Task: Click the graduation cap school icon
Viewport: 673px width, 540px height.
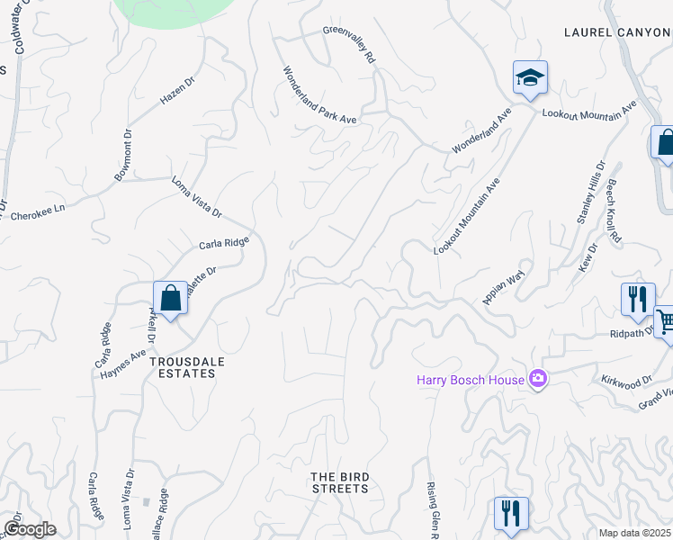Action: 530,78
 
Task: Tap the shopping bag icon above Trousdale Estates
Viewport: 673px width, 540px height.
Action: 170,297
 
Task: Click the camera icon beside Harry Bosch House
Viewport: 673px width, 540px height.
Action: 538,379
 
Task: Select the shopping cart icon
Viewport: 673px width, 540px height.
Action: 666,320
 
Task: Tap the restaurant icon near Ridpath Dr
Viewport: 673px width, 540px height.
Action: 638,299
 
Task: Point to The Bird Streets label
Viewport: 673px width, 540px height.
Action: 339,482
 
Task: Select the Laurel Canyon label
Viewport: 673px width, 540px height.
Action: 617,32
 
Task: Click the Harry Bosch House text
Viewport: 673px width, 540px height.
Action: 470,380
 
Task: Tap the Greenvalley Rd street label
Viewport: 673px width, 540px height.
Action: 349,44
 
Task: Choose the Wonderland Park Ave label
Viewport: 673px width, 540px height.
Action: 320,95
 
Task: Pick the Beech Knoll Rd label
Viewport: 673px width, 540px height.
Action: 615,212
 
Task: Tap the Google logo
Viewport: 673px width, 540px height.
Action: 30,529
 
